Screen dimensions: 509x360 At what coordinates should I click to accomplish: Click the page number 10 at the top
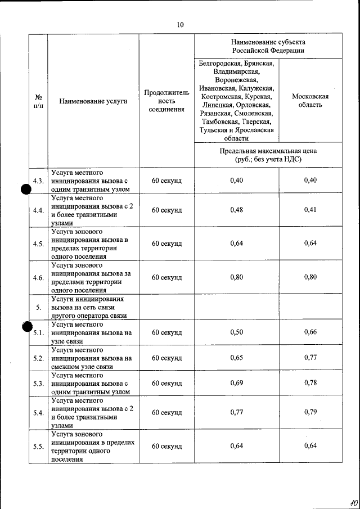pos(180,25)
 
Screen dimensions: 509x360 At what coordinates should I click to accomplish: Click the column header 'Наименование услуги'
pos(93,101)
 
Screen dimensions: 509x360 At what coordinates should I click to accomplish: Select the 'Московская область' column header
pos(310,101)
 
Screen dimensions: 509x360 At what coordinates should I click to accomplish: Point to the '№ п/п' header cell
pos(38,101)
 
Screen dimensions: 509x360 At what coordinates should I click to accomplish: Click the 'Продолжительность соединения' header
pos(166,101)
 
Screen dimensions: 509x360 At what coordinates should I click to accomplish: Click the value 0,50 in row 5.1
pos(237,332)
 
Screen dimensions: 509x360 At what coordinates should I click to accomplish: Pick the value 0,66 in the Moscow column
pos(310,332)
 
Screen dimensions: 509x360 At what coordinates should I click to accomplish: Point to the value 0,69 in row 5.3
pos(237,383)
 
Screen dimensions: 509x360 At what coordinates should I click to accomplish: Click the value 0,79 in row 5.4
pos(310,412)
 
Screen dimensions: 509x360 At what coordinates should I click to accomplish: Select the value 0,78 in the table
pos(310,383)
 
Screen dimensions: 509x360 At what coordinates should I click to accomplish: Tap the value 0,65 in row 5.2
pos(237,358)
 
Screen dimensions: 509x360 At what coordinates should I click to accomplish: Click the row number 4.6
pos(38,277)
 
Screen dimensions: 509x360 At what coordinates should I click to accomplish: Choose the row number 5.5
pos(38,447)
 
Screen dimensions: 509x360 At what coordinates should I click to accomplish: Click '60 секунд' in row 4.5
pos(166,244)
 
